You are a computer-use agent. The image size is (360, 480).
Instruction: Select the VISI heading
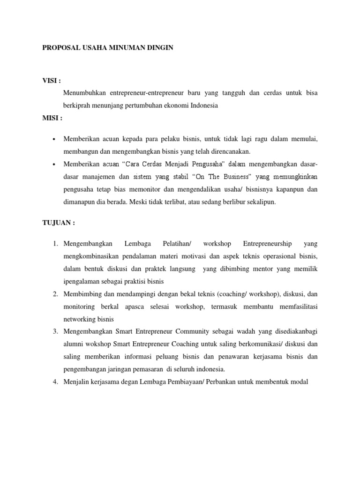pyautogui.click(x=52, y=81)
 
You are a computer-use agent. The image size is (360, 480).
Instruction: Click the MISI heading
pyautogui.click(x=52, y=118)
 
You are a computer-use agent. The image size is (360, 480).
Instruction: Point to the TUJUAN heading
pyautogui.click(x=59, y=223)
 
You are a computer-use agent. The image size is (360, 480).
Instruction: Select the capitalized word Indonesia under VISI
pyautogui.click(x=202, y=105)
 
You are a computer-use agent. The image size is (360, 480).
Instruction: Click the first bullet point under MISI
pyautogui.click(x=55, y=140)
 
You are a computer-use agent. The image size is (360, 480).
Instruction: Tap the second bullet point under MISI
pyautogui.click(x=55, y=165)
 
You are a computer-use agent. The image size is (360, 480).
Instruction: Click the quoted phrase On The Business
pyautogui.click(x=222, y=177)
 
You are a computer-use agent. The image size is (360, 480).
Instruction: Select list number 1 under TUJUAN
pyautogui.click(x=54, y=243)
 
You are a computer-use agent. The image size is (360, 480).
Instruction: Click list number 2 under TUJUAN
pyautogui.click(x=54, y=294)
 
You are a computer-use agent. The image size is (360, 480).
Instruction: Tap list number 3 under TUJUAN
pyautogui.click(x=54, y=331)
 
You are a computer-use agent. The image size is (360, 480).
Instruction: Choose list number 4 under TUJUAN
pyautogui.click(x=54, y=382)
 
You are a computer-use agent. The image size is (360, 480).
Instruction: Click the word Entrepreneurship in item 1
pyautogui.click(x=267, y=243)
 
